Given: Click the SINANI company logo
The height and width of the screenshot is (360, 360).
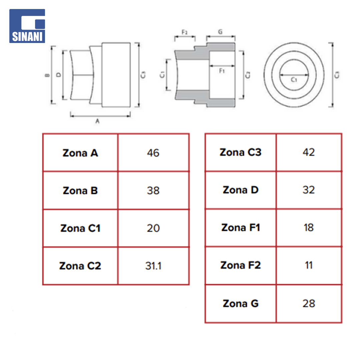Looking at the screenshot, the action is click(27, 26).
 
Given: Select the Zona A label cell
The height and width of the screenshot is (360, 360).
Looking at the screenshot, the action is click(80, 153).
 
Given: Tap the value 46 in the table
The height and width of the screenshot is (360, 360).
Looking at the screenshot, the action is click(153, 153).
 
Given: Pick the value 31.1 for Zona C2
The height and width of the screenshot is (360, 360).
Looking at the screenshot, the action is click(153, 266).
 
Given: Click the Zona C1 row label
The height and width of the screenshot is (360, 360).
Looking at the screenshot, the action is click(80, 228).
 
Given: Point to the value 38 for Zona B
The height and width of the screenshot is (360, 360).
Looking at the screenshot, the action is click(153, 191).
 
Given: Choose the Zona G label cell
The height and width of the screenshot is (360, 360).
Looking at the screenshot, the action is click(241, 304).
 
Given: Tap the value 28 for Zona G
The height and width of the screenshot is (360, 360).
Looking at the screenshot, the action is click(309, 304).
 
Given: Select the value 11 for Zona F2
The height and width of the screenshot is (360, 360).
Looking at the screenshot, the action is click(309, 265).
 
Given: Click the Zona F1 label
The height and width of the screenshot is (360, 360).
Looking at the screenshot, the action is click(241, 228).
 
